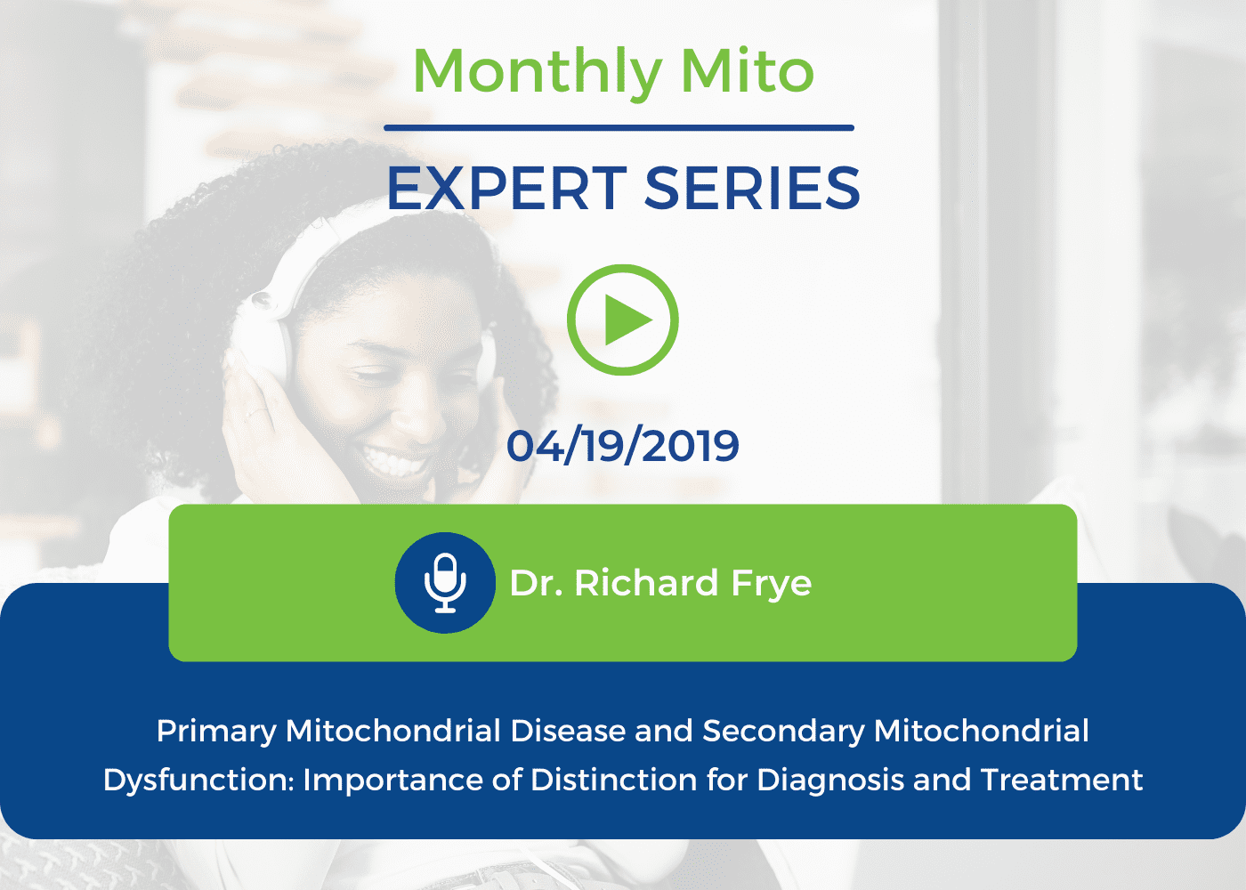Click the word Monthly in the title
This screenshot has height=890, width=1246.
(x=538, y=74)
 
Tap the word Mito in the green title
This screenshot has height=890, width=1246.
(x=748, y=70)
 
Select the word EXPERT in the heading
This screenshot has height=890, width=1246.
(x=506, y=189)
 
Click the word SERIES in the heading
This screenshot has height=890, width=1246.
(x=752, y=189)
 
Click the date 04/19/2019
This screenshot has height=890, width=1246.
(x=623, y=446)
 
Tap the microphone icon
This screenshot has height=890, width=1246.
(x=445, y=582)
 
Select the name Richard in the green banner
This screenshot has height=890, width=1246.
(x=646, y=583)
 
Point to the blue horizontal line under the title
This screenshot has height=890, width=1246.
(x=619, y=128)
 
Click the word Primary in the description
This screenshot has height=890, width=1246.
(x=216, y=732)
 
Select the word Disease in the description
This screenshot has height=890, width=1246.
(x=568, y=731)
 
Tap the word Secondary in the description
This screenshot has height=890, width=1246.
(x=784, y=732)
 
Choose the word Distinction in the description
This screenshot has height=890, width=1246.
(x=613, y=780)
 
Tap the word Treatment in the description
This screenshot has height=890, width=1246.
(x=1061, y=780)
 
